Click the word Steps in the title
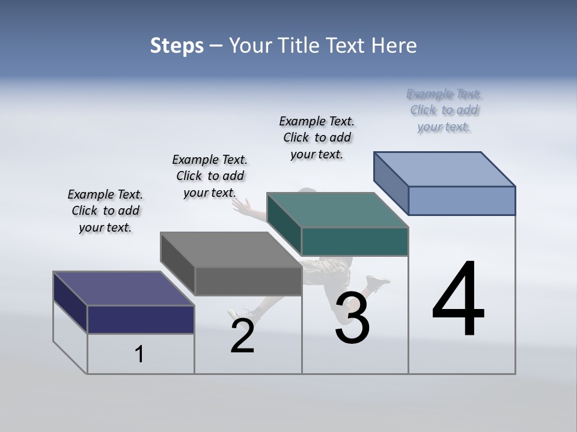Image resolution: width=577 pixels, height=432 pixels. tap(177, 46)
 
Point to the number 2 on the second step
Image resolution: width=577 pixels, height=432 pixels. tap(242, 336)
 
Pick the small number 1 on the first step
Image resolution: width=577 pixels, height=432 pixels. tap(139, 354)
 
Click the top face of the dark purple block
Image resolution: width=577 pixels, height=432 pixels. tap(123, 288)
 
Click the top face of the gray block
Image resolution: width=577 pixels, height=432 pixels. tap(231, 250)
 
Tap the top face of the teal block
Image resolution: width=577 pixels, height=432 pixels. tap(338, 210)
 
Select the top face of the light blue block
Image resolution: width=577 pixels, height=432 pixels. tap(445, 169)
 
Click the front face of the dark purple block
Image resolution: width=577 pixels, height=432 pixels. tap(141, 319)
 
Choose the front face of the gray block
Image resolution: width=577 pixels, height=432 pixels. tap(248, 281)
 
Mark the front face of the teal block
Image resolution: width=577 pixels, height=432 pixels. tap(355, 241)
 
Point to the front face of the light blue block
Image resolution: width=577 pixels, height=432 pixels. tap(462, 200)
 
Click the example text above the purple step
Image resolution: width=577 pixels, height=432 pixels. tap(105, 211)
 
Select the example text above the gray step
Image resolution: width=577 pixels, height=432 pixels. tap(210, 176)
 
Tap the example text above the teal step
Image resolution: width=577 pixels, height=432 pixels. tap(317, 137)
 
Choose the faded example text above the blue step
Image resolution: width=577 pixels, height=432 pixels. tap(444, 110)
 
